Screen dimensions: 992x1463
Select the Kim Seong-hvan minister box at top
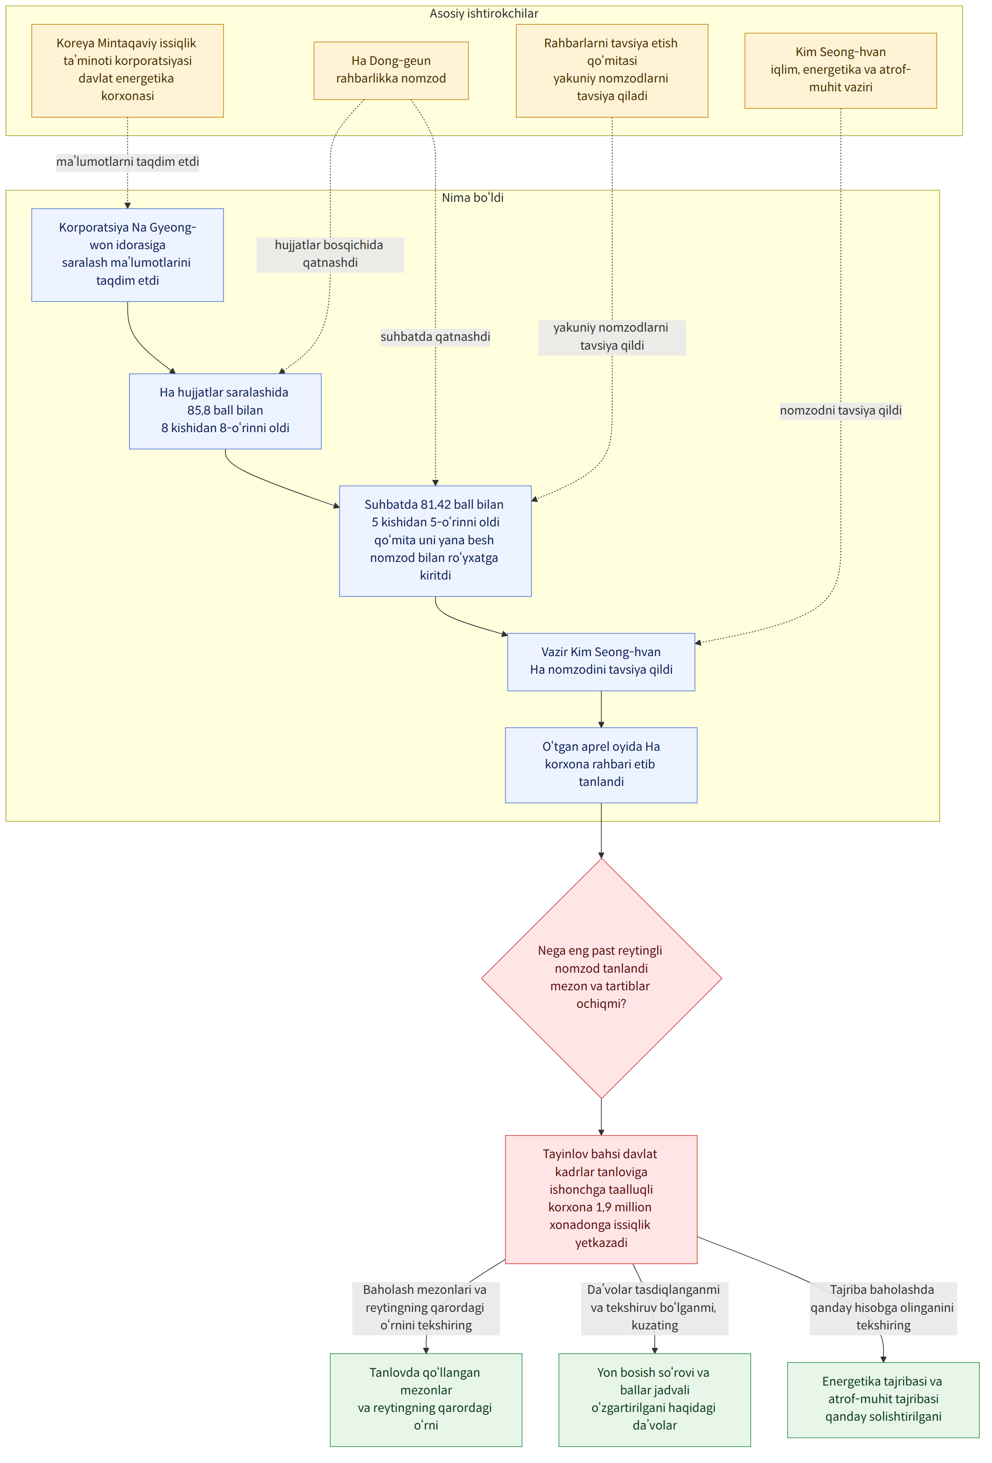(x=840, y=70)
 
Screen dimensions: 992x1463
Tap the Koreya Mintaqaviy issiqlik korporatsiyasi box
(x=127, y=70)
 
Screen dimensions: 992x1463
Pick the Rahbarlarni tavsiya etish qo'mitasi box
(x=612, y=70)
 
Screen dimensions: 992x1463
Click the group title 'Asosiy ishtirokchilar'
(x=484, y=13)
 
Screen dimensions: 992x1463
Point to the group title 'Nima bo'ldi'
(x=473, y=198)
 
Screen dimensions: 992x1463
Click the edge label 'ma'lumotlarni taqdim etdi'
(x=127, y=162)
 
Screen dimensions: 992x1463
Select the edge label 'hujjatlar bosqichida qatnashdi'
(x=330, y=254)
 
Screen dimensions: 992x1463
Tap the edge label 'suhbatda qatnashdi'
(x=435, y=337)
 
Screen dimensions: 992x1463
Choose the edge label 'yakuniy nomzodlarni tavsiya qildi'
(x=612, y=337)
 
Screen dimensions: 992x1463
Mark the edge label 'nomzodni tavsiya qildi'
(x=840, y=410)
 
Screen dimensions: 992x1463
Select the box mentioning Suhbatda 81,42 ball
(x=435, y=541)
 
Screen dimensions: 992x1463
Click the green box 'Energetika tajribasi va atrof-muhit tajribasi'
(x=883, y=1399)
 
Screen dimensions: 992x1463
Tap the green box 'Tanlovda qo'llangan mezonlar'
(x=426, y=1399)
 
